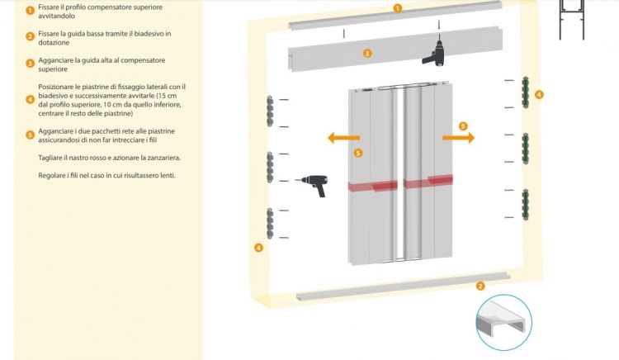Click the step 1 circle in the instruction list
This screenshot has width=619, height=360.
point(30,11)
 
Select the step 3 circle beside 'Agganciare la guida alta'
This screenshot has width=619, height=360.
point(30,63)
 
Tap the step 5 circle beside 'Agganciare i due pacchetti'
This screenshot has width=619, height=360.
point(30,135)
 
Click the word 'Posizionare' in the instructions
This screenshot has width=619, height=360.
point(56,87)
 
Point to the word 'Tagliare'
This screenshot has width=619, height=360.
point(51,157)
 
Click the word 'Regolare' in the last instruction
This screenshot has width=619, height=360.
point(53,176)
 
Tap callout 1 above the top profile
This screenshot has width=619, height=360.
point(397,8)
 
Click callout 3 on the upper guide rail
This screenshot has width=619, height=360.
point(367,52)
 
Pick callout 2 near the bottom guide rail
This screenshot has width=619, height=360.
point(480,286)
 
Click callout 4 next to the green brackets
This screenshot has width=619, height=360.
point(539,94)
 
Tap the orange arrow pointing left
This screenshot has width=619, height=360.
point(343,138)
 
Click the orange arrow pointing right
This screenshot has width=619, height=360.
point(459,137)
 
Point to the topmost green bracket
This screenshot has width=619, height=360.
point(525,92)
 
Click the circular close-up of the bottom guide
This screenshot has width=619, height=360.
point(504,323)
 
